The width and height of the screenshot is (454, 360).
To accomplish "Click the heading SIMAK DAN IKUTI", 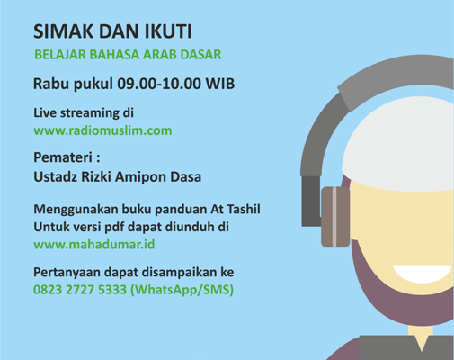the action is (112, 31).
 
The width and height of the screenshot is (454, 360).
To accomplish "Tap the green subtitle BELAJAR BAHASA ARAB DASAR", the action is (128, 55).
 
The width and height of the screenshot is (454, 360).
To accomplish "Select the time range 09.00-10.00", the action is (159, 84).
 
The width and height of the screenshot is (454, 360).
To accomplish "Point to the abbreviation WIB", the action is (220, 84).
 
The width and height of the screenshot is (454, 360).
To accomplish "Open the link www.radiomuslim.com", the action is (102, 130).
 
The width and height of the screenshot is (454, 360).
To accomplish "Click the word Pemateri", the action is (63, 157).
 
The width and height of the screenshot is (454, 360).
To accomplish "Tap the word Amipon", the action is (140, 177).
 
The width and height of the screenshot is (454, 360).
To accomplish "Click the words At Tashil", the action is (236, 209).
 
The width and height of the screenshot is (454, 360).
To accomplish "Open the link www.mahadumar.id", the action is (94, 245).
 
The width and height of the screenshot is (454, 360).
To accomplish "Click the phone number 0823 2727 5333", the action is (80, 290).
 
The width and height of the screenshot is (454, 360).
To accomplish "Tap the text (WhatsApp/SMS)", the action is (182, 290).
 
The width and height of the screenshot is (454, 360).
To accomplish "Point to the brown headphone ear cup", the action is (335, 217).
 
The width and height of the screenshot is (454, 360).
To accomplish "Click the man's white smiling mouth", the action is (423, 274).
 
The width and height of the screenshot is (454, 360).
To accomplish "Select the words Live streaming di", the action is (84, 113).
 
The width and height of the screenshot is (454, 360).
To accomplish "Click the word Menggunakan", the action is (76, 210).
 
